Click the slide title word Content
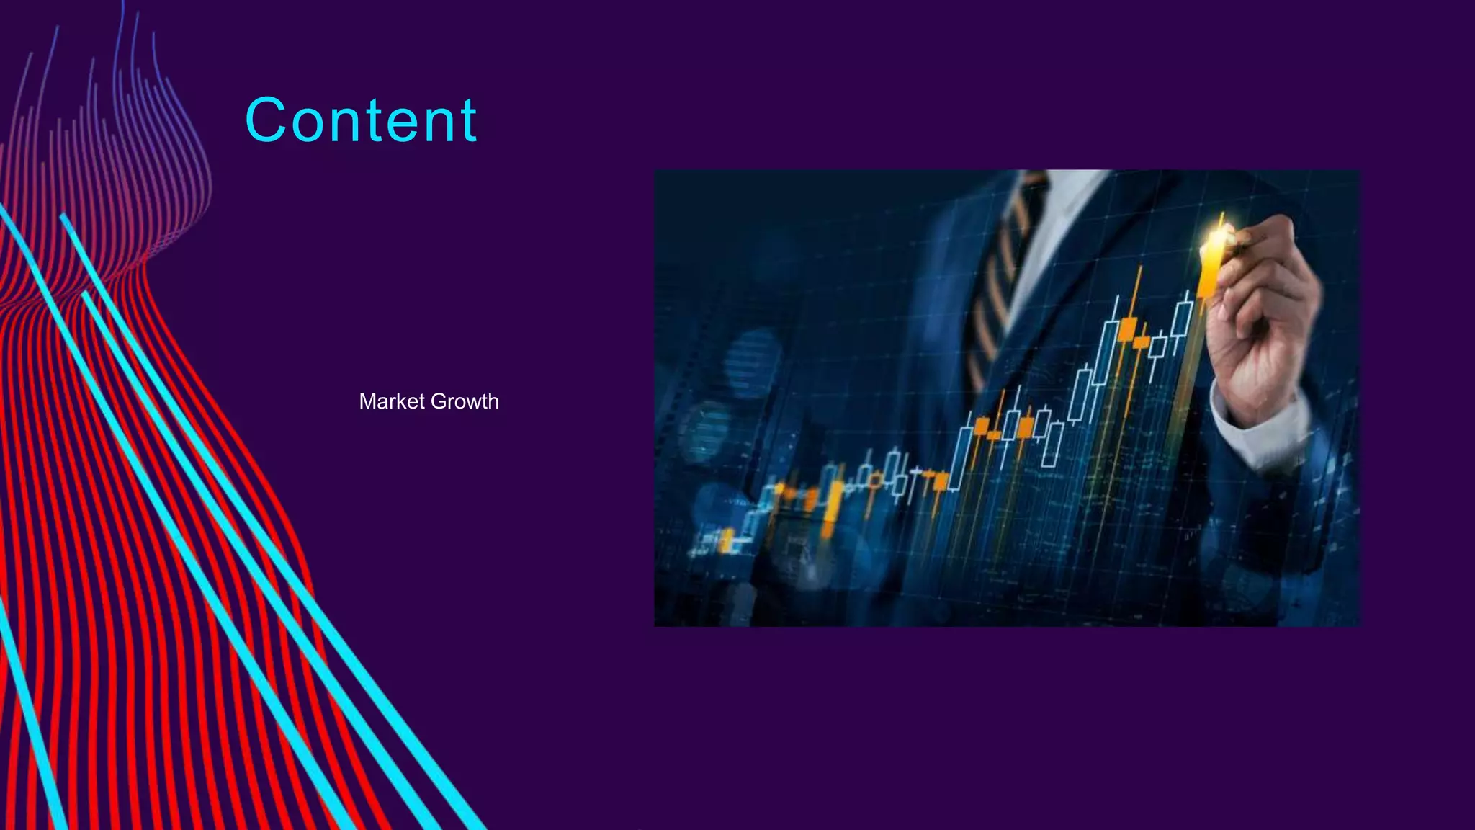(361, 120)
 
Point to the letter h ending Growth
(493, 401)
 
